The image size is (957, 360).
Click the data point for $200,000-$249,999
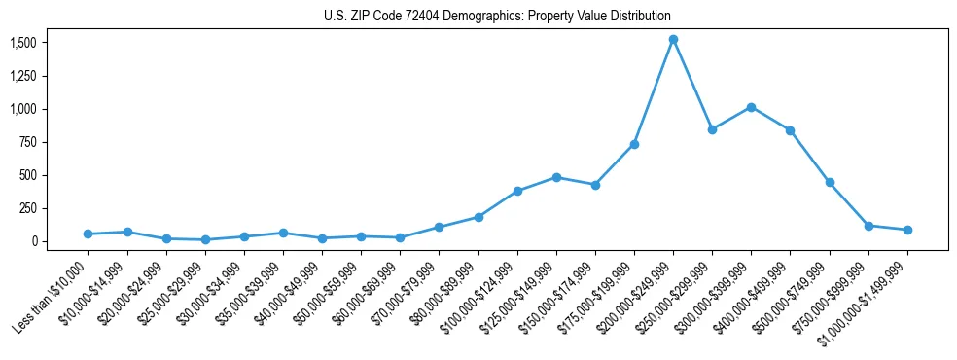click(673, 40)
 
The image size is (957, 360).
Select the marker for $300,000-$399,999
click(751, 107)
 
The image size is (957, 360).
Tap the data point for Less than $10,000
click(88, 234)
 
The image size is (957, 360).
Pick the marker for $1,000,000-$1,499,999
click(907, 230)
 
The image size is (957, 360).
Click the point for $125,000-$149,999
click(556, 177)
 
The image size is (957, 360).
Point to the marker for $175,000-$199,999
click(634, 144)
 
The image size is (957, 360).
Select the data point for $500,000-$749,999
click(830, 182)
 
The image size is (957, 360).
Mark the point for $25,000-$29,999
click(205, 239)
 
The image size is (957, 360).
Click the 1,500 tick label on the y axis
click(23, 43)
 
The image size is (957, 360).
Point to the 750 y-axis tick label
click(28, 142)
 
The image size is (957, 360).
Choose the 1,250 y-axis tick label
click(23, 76)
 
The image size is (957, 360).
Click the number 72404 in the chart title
click(414, 17)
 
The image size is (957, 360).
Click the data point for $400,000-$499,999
click(791, 130)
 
